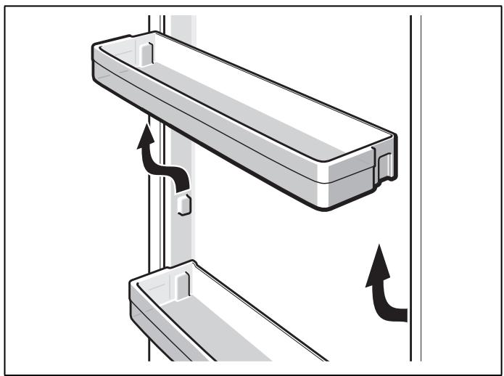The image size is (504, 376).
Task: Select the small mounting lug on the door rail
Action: point(184,205)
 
